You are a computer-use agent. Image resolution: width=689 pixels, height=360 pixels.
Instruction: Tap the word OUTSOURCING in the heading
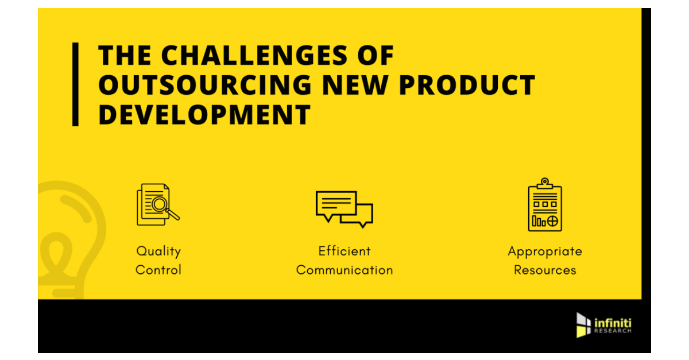pos(204,85)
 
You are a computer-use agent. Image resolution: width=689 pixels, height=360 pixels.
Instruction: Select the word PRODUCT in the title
pos(467,85)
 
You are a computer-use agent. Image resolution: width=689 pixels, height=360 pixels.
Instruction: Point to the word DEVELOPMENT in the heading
pos(204,114)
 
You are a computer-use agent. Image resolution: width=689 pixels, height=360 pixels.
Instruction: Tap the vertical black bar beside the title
pos(75,84)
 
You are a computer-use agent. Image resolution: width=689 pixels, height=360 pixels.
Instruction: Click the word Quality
pos(158,251)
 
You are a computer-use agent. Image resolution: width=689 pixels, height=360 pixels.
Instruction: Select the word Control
pos(158,269)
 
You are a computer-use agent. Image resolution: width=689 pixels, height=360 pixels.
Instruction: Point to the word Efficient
pos(344,251)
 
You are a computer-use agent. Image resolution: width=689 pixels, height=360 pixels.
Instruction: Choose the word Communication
pos(344,269)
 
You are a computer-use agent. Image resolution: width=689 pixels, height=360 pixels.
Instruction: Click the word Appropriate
pos(545,251)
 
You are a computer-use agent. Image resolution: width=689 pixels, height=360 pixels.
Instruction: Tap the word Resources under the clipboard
pos(545,269)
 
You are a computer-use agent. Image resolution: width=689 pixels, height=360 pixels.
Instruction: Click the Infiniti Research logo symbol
pos(583,325)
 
